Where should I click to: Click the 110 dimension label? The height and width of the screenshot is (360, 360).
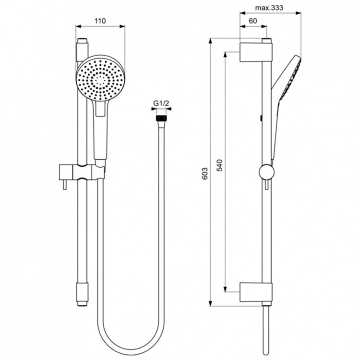tap(100, 21)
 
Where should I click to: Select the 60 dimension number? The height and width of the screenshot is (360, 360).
tap(253, 21)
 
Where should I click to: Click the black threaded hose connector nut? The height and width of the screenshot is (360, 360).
tap(161, 116)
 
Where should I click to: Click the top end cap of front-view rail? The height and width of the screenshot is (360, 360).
tap(81, 42)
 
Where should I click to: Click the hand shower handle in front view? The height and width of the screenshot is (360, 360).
tap(100, 134)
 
